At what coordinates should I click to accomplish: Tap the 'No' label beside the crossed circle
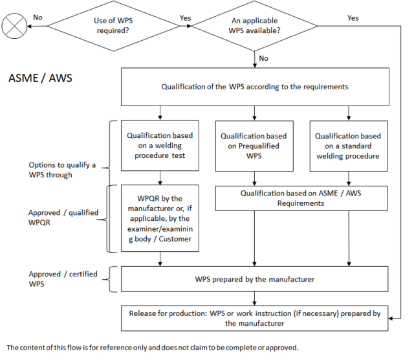click(x=38, y=17)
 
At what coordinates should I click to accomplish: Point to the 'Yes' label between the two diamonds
click(x=184, y=18)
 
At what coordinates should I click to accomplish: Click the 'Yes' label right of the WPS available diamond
click(x=353, y=18)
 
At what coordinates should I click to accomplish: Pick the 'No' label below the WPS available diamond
click(x=264, y=58)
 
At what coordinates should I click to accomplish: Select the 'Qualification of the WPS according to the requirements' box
click(x=254, y=87)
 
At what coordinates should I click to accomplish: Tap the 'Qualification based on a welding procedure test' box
click(x=160, y=146)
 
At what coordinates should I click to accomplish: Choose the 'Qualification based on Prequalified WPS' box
click(x=254, y=146)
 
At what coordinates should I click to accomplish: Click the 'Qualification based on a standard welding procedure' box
click(x=349, y=146)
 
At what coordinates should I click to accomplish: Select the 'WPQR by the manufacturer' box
click(x=160, y=218)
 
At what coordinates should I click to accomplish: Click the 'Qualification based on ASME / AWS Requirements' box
click(x=301, y=198)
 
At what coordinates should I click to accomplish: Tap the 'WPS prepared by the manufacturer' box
click(x=254, y=279)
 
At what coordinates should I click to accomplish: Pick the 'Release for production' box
click(x=254, y=318)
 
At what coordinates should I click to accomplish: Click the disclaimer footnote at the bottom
click(x=152, y=347)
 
